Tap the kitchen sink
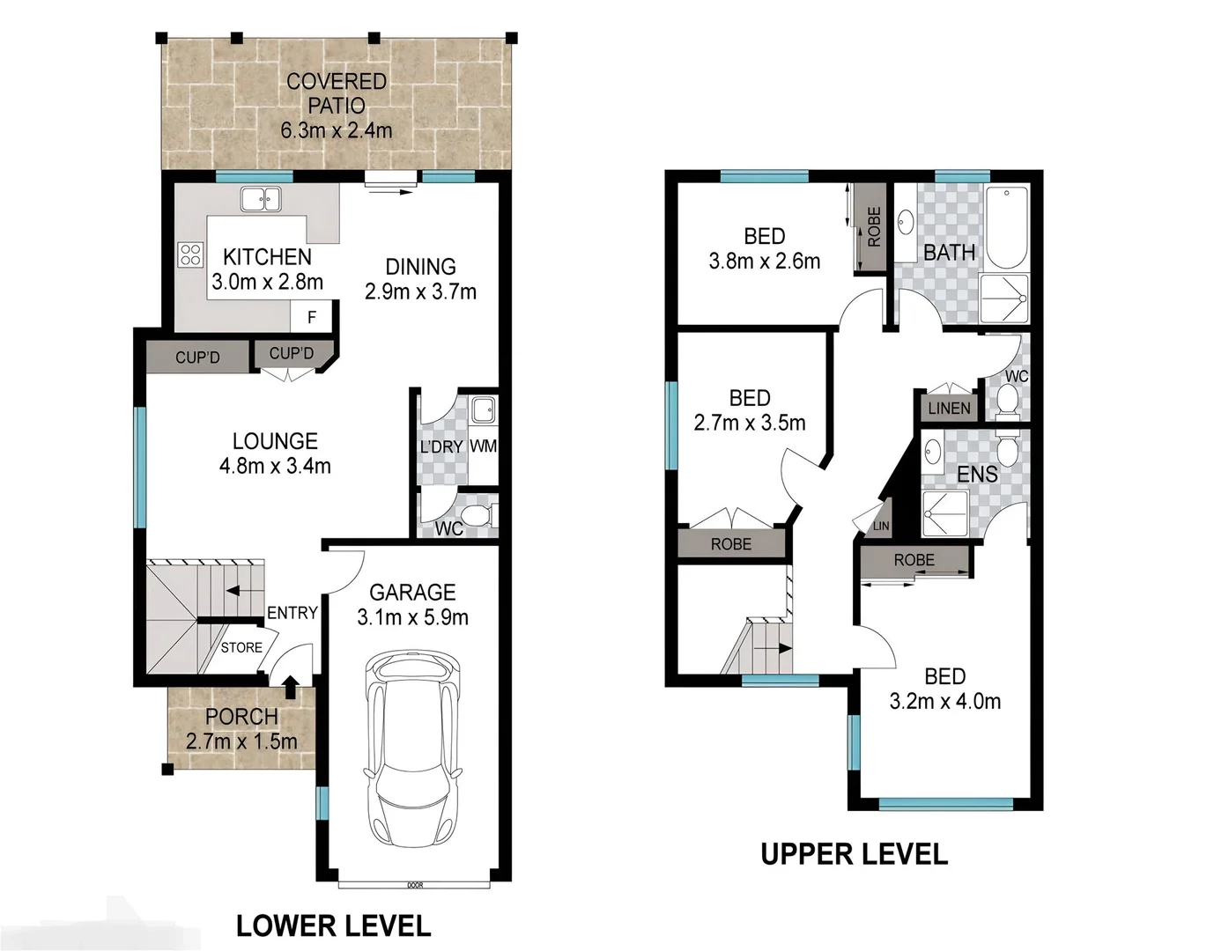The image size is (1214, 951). point(261,199)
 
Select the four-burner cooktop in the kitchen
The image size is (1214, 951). point(190,255)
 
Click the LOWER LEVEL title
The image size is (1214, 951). point(333,925)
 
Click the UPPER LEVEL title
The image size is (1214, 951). point(854,853)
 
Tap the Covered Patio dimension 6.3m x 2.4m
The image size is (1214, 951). point(337,131)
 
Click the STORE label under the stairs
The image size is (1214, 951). point(241,647)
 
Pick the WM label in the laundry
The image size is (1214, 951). point(483,446)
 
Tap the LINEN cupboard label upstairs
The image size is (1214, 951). point(949,408)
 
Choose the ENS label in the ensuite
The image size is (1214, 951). point(977,475)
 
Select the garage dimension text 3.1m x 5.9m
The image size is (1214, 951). point(412,617)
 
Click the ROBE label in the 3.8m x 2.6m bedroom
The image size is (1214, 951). point(873,227)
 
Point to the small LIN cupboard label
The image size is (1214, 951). point(881,526)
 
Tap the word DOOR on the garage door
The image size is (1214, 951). point(414,884)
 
